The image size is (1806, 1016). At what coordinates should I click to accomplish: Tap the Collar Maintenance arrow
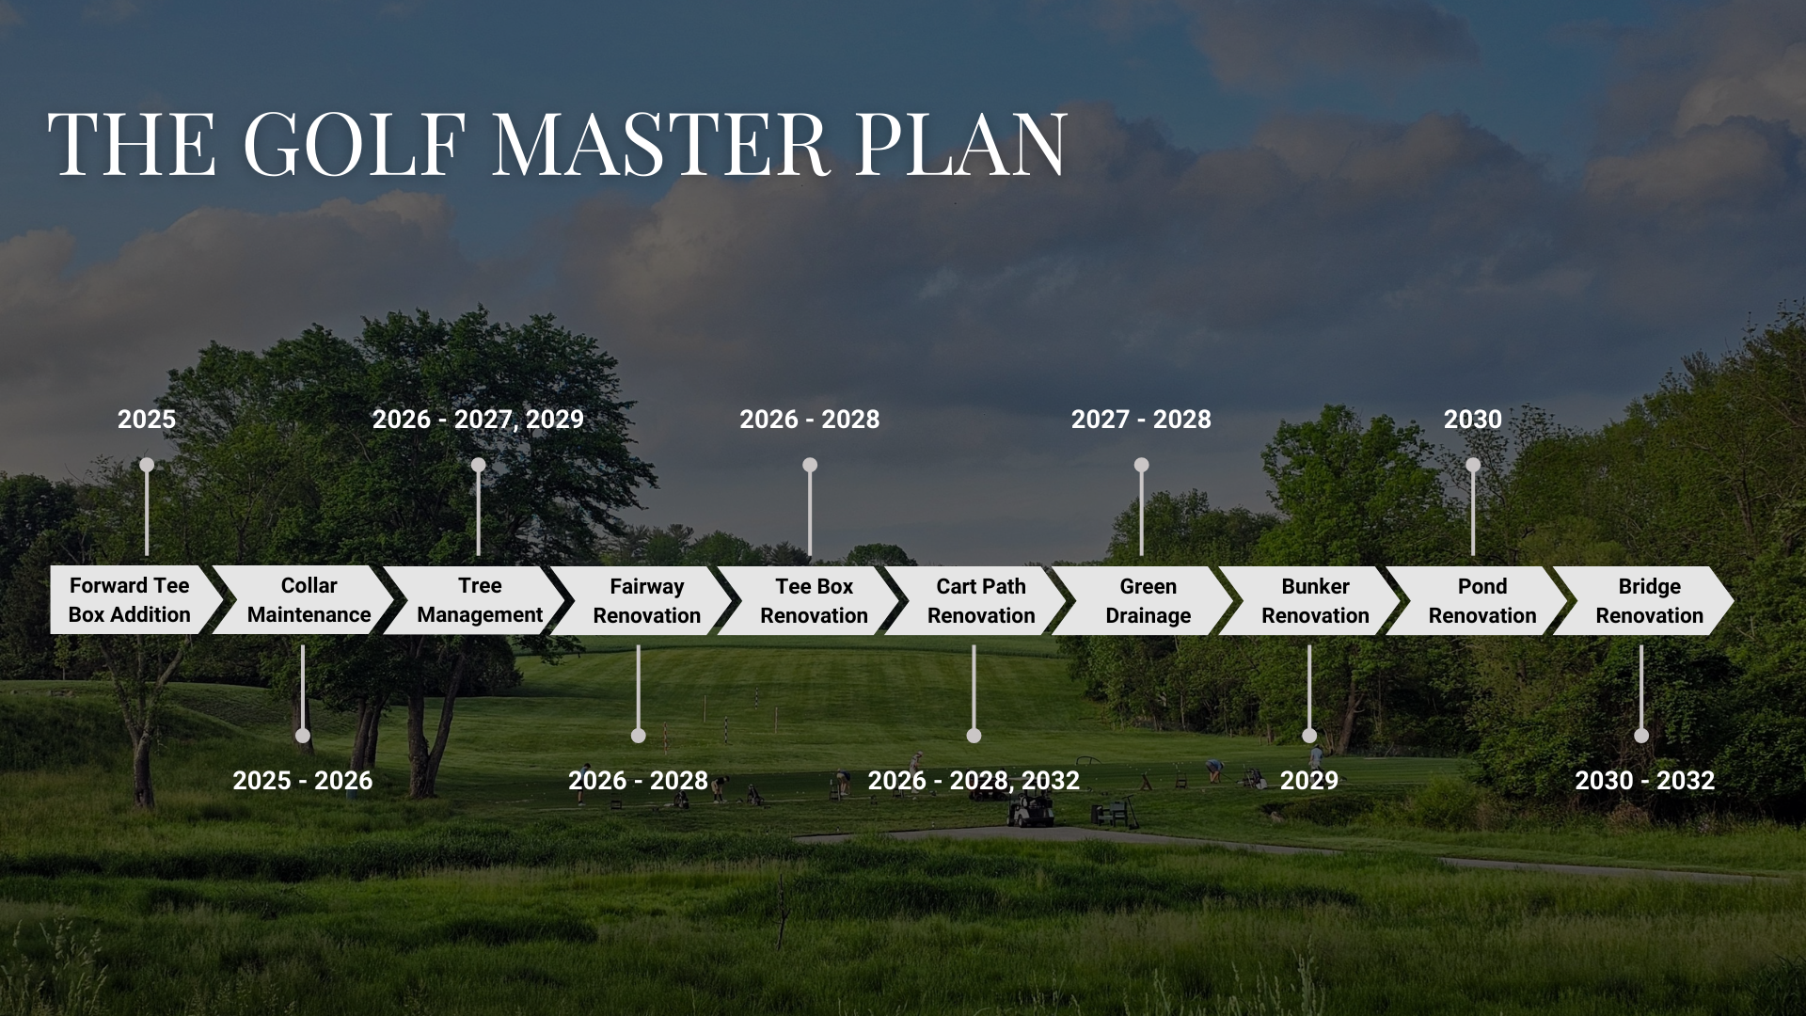coord(303,600)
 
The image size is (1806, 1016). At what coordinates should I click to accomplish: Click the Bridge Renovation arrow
coord(1643,600)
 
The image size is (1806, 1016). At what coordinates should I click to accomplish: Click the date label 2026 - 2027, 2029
coord(478,420)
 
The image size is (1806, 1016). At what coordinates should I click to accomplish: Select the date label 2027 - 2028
coord(1141,420)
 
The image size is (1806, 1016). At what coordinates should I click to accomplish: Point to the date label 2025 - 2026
coord(303,781)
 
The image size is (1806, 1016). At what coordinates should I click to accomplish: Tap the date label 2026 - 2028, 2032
coord(974,781)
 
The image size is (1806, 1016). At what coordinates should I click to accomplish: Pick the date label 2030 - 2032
coord(1645,781)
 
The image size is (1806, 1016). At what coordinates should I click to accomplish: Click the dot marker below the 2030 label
coord(1473,465)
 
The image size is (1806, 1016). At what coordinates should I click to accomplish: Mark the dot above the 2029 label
coord(1309,736)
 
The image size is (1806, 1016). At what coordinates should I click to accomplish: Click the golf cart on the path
coord(1031,809)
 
